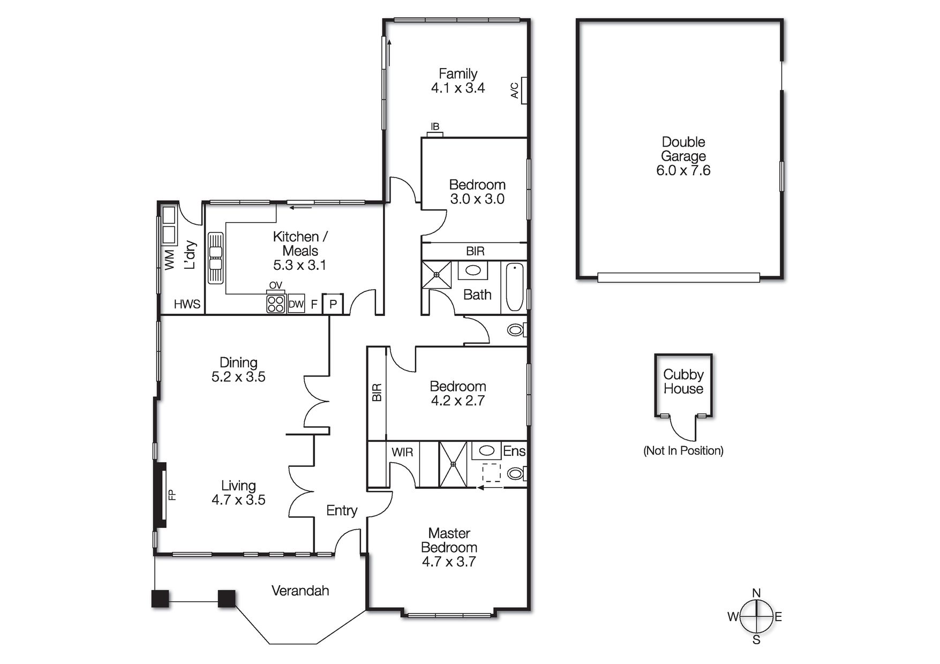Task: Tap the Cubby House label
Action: pos(683,382)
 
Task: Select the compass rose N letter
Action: pos(756,593)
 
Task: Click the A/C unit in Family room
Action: pos(524,90)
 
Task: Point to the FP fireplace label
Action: pos(172,495)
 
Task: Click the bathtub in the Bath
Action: pos(514,287)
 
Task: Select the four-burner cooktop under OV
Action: pos(275,304)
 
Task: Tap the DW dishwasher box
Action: pos(296,304)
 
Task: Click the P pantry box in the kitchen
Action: pos(333,304)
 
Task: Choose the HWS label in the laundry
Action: pos(187,304)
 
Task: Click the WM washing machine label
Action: pos(169,260)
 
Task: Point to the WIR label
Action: pos(402,452)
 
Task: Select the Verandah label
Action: pos(300,591)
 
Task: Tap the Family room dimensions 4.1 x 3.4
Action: pos(458,88)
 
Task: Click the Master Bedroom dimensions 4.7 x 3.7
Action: pos(449,562)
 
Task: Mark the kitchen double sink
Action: pos(215,258)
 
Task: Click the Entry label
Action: pos(342,510)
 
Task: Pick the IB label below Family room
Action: pos(435,127)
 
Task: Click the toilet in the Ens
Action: pos(516,473)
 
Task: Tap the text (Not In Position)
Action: pos(683,450)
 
